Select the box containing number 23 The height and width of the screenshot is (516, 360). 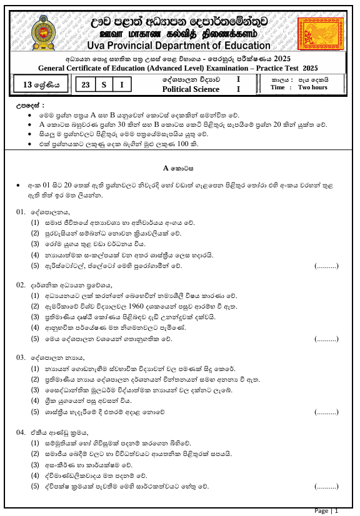point(84,84)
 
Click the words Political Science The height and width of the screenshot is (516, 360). point(191,89)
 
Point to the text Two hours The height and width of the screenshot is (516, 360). point(312,88)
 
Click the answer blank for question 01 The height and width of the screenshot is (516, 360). point(326,266)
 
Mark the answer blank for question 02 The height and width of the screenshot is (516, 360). point(326,339)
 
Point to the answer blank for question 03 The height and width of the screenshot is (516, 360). point(326,412)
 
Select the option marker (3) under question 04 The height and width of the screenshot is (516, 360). point(36,464)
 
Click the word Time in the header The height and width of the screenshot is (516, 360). point(278,88)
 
